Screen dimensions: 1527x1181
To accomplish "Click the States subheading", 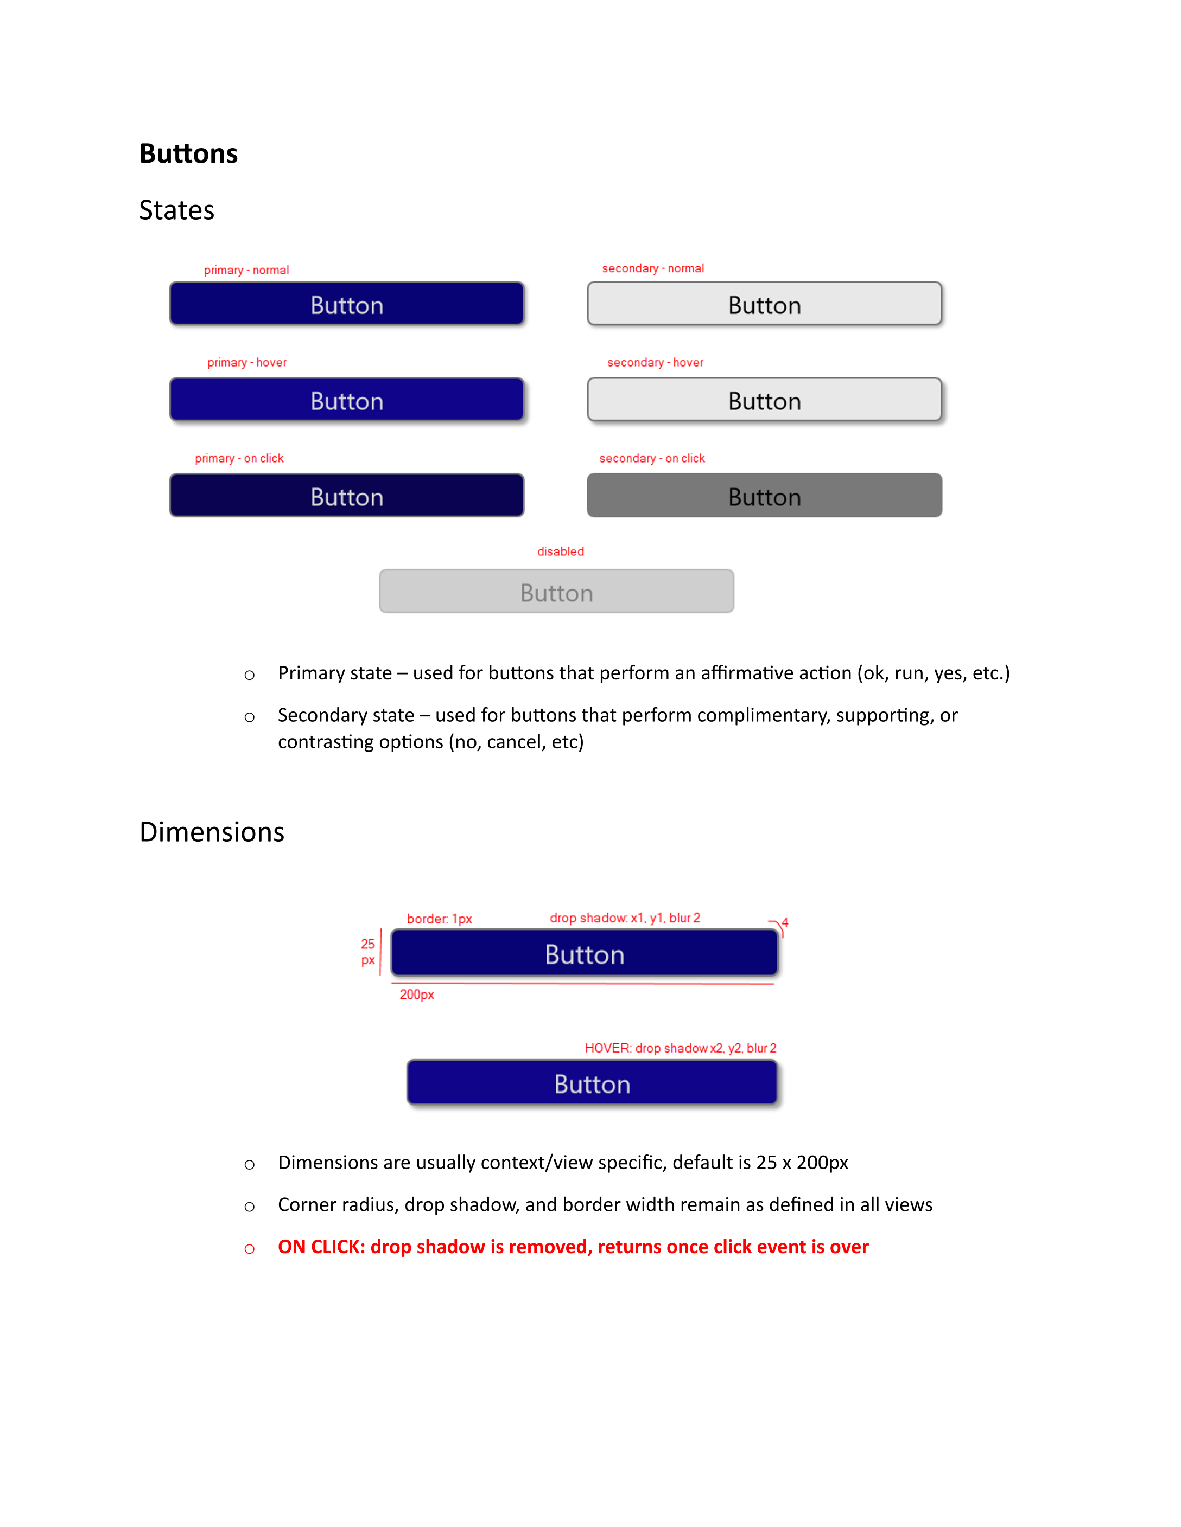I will (x=176, y=210).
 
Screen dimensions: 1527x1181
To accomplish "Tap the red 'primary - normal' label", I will (x=246, y=270).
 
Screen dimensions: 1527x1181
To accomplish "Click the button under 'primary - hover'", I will (x=346, y=400).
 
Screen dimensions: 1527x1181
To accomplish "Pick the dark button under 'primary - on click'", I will (x=346, y=496).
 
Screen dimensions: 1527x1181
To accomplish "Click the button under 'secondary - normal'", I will (x=764, y=304).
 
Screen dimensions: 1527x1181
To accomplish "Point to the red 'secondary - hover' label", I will (x=655, y=362).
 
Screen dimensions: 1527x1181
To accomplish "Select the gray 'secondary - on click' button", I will (x=764, y=496).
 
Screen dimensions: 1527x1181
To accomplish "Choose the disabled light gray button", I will (x=556, y=592).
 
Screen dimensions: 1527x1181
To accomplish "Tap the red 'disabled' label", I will (x=561, y=551).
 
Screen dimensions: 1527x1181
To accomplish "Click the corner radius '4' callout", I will (x=785, y=923).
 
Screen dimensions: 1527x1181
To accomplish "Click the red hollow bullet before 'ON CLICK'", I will (x=249, y=1249).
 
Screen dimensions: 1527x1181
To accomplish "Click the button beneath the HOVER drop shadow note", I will (x=592, y=1083).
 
